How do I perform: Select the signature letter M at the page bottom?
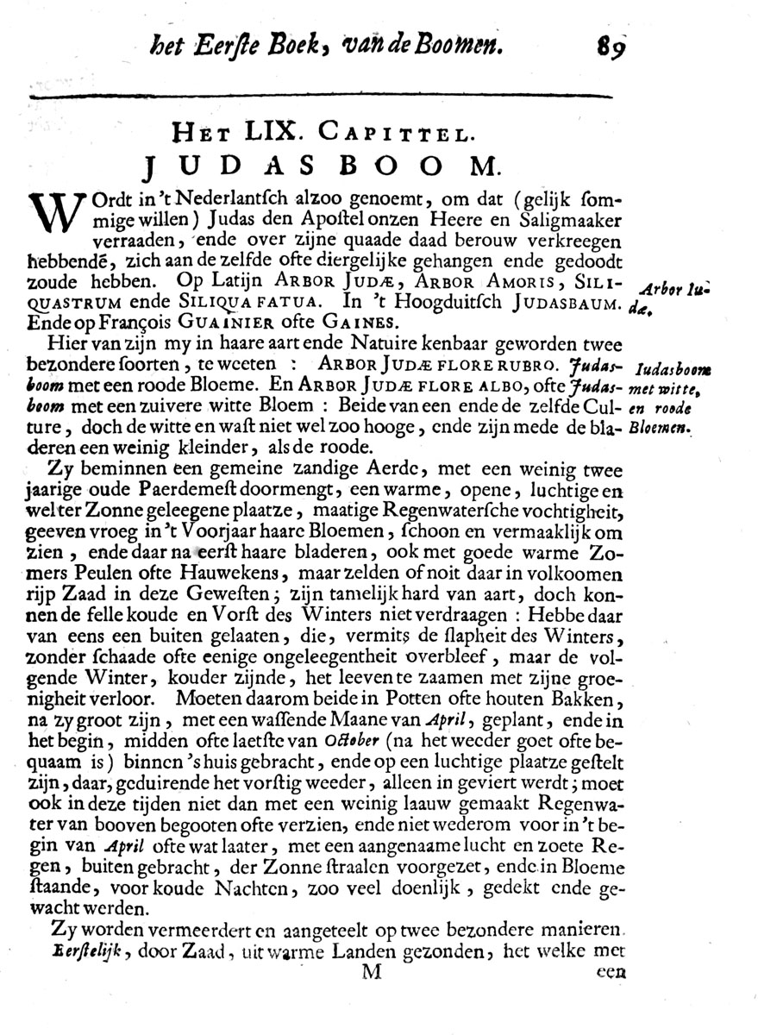coord(371,971)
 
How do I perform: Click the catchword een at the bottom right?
coord(609,972)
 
